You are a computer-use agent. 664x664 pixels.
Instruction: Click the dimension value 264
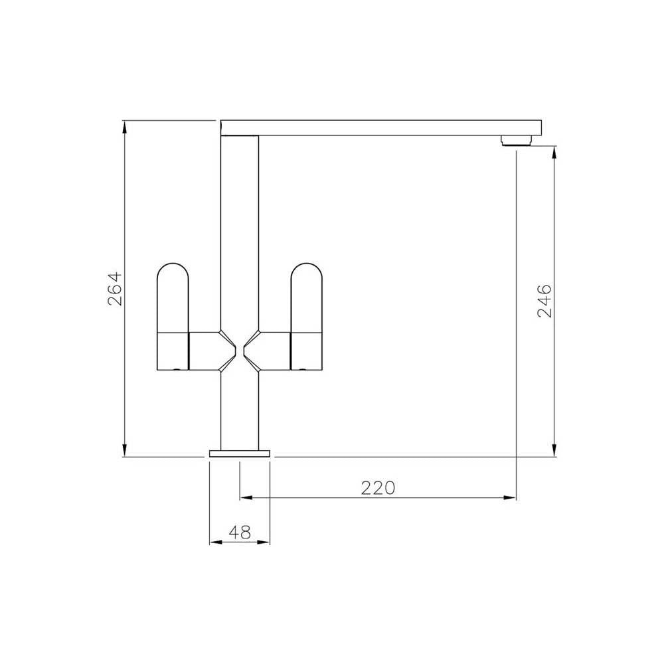[x=114, y=289]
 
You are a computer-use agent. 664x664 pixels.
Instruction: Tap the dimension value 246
[x=544, y=301]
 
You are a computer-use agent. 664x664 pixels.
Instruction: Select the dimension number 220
[x=378, y=488]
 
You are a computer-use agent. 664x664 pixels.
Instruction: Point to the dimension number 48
[x=240, y=532]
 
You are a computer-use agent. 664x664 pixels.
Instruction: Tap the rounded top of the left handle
[x=173, y=272]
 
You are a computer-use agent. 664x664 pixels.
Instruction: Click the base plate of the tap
[x=240, y=453]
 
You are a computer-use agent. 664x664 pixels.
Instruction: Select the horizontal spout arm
[x=378, y=127]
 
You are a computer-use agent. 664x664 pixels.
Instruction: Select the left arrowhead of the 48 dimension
[x=214, y=542]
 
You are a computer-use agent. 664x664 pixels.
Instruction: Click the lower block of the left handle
[x=173, y=350]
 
